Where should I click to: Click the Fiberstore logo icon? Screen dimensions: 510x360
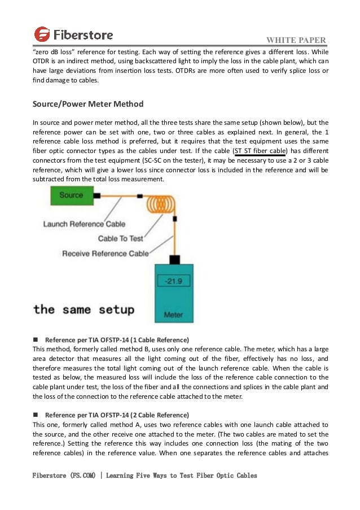tap(42, 34)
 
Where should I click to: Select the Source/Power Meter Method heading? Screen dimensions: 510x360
tap(88, 104)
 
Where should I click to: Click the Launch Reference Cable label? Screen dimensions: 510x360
tap(84, 224)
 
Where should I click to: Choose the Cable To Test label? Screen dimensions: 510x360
tap(121, 238)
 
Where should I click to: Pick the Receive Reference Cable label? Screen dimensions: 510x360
tap(106, 253)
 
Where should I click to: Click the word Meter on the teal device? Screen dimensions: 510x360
tap(173, 315)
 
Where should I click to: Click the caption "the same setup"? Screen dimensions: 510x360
tap(84, 309)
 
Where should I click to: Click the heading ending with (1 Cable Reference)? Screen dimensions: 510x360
tap(117, 340)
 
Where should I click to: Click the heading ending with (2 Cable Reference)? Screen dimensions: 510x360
tap(117, 415)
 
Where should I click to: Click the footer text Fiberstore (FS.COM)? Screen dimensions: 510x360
tap(63, 476)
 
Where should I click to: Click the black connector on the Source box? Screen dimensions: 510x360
tap(96, 195)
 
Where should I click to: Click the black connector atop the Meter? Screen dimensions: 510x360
tap(174, 260)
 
